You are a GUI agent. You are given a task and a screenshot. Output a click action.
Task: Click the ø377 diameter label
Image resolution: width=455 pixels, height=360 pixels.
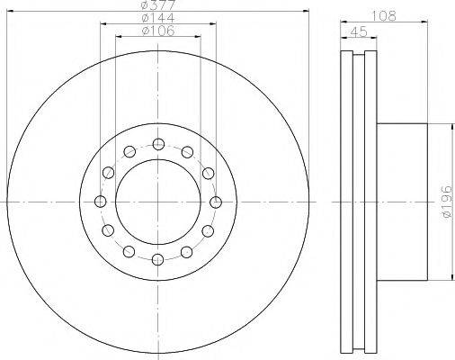coord(158,4)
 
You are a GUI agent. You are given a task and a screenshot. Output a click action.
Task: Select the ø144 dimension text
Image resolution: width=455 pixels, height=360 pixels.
coord(158,17)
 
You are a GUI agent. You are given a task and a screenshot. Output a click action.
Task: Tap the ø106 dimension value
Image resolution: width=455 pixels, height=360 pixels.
coord(158,31)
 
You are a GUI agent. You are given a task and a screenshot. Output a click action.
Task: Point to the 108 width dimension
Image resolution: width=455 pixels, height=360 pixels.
coord(384,15)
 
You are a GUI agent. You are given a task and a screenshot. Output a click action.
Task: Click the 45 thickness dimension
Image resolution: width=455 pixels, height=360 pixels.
coord(359,31)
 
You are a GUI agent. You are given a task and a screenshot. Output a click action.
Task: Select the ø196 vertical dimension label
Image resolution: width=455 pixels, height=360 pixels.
coord(447,202)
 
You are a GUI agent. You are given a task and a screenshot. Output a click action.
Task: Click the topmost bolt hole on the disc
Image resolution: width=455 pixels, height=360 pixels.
coord(158,144)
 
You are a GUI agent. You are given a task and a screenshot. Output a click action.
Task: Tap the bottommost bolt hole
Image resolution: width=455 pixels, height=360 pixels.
coord(158,259)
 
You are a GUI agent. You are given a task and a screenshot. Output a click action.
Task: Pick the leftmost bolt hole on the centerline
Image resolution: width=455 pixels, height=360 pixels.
coord(100,202)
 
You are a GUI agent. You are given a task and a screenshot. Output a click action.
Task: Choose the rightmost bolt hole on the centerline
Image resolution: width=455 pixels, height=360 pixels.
coord(216,202)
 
